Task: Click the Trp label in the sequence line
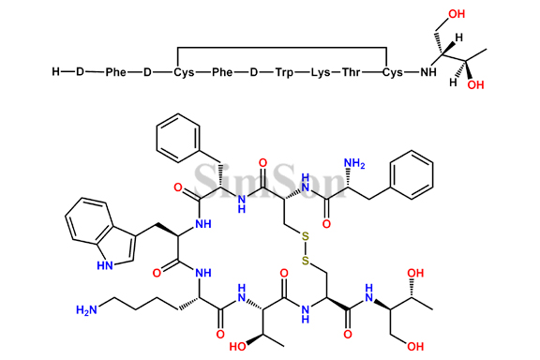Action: (285, 71)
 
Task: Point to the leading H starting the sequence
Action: (56, 71)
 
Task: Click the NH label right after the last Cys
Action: (428, 71)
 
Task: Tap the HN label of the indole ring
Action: (99, 265)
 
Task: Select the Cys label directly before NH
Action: (394, 71)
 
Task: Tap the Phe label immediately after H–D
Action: (115, 71)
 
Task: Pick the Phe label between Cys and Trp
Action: (223, 71)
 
